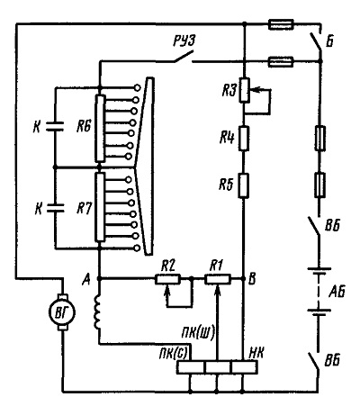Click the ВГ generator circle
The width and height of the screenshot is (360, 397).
tap(62, 312)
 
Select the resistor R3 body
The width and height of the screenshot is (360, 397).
tap(244, 90)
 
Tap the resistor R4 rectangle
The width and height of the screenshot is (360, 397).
tap(244, 139)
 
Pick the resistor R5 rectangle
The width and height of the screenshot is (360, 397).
tap(244, 185)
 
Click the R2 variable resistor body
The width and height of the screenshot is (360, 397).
tap(167, 279)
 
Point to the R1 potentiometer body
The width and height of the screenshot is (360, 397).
tap(218, 279)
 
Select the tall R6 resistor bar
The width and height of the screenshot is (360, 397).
tap(100, 129)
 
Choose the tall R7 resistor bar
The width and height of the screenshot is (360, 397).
tap(100, 207)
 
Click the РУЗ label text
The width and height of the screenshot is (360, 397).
tap(184, 41)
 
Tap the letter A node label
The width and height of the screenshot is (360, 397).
tap(86, 280)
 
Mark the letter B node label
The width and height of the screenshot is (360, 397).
tap(252, 279)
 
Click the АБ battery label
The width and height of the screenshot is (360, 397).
tap(337, 292)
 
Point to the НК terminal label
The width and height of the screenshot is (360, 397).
tap(256, 354)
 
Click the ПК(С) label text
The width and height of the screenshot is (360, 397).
tap(174, 354)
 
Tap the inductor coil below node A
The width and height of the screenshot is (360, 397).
tap(97, 312)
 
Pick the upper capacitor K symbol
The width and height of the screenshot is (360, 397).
tap(55, 126)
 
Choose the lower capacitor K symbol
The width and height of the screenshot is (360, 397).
tap(55, 208)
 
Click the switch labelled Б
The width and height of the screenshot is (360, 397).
tap(316, 43)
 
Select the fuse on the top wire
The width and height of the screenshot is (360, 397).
tap(281, 24)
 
